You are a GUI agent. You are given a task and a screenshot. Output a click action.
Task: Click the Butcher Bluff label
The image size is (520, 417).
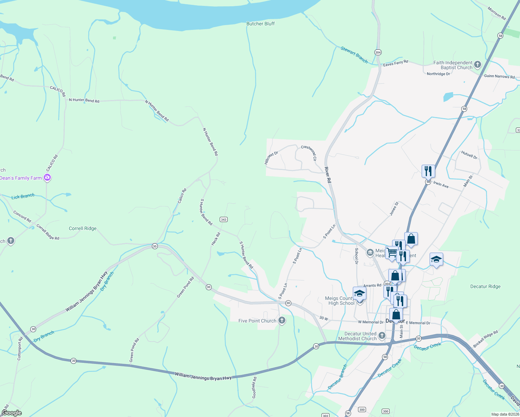click(260, 24)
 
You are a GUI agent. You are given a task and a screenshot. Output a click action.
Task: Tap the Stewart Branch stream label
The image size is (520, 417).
click(354, 55)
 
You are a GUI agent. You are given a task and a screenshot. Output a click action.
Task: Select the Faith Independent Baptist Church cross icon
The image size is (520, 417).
click(477, 64)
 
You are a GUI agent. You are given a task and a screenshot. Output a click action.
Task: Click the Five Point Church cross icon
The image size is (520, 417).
click(282, 320)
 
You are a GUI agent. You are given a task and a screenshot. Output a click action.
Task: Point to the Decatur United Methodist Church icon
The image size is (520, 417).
click(382, 335)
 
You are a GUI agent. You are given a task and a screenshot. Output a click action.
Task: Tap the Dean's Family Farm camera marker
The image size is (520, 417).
click(47, 178)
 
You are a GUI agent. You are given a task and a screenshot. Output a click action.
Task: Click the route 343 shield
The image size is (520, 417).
click(224, 219)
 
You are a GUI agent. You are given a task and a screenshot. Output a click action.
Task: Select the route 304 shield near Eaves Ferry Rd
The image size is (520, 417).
click(378, 52)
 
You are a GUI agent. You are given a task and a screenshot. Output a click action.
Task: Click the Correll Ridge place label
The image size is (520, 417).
click(83, 228)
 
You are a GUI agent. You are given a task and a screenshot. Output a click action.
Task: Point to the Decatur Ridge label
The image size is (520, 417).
click(485, 286)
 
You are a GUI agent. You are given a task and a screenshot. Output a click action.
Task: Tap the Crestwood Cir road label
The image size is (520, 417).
click(309, 153)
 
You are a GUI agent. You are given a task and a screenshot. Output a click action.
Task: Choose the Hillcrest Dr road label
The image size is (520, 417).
click(271, 157)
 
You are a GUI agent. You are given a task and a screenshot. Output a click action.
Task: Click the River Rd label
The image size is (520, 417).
click(328, 175)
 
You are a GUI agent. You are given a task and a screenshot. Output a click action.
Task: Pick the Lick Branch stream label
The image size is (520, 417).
click(23, 197)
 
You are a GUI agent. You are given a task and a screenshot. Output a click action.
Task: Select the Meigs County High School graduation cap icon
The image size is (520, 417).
click(359, 293)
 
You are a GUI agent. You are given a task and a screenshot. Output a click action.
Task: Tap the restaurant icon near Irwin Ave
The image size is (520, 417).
click(428, 171)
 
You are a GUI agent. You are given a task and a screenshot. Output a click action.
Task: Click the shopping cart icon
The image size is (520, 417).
click(391, 252)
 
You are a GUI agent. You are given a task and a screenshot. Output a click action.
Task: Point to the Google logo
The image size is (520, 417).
click(11, 413)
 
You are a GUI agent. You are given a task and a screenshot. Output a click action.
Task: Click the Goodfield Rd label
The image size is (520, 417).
click(254, 387)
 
